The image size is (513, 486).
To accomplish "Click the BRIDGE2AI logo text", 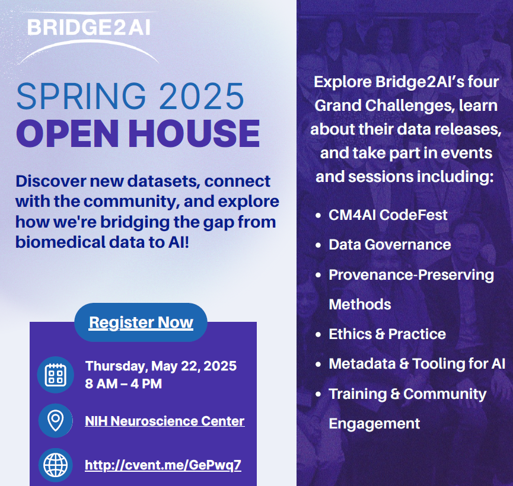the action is click(88, 27).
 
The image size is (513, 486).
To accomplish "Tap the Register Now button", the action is click(141, 322).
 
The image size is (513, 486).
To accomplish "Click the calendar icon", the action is click(56, 375).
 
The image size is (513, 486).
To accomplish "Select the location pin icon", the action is click(56, 421).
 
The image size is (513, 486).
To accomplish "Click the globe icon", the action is click(56, 465).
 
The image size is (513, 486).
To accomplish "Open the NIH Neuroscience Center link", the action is click(164, 421).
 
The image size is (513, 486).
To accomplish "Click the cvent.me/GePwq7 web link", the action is click(163, 465).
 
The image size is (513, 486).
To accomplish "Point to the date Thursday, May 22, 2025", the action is click(161, 366).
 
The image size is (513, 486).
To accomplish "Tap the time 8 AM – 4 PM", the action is click(123, 383).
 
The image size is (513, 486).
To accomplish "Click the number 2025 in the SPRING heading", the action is click(202, 96).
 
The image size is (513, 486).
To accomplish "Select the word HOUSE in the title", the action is click(194, 133).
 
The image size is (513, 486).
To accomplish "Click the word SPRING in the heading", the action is click(81, 96).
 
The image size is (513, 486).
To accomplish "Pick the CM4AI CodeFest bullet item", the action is click(388, 215).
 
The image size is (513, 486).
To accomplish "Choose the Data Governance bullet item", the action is click(390, 245).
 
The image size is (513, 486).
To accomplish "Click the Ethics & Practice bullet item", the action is click(387, 334).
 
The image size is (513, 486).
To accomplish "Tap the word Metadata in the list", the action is click(362, 364).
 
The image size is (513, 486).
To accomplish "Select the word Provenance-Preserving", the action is click(411, 275).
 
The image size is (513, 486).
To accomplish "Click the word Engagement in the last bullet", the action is click(374, 424).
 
